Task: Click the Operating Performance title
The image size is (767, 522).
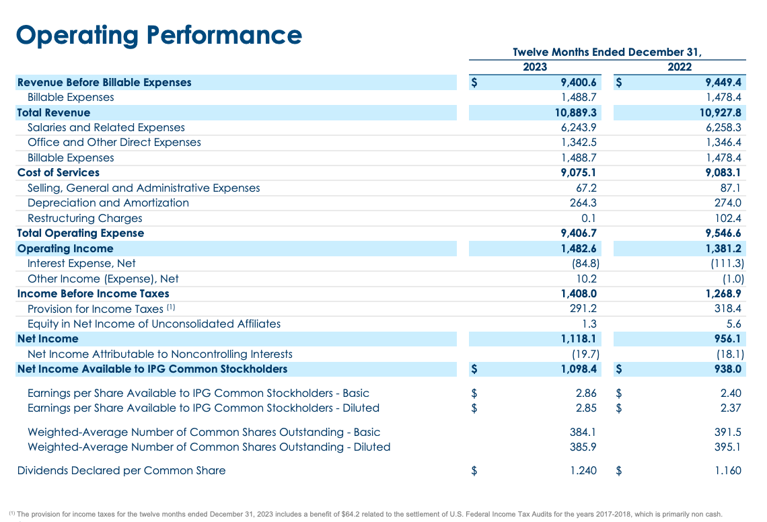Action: click(159, 35)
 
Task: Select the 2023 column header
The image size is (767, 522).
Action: click(535, 67)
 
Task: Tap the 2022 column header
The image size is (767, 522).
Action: click(680, 67)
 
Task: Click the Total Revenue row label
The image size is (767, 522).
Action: click(54, 112)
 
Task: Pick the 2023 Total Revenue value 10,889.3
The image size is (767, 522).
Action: click(576, 112)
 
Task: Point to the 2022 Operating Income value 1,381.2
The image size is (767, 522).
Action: click(723, 248)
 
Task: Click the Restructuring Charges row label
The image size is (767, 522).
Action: click(85, 218)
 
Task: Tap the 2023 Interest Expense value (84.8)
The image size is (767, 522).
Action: click(585, 263)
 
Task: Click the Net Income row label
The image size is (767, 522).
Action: click(48, 338)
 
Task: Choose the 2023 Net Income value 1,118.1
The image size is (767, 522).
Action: click(579, 338)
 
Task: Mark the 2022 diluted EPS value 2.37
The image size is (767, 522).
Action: click(731, 408)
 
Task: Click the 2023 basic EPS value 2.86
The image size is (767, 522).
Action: click(586, 393)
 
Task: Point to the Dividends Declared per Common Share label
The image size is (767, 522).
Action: click(121, 471)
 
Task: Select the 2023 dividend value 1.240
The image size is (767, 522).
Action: click(583, 471)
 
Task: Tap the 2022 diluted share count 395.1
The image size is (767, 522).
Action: click(729, 447)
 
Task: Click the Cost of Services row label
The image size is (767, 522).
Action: click(59, 173)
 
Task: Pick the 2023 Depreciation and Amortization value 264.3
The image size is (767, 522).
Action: click(583, 202)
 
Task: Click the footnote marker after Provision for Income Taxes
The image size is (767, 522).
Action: click(171, 307)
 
